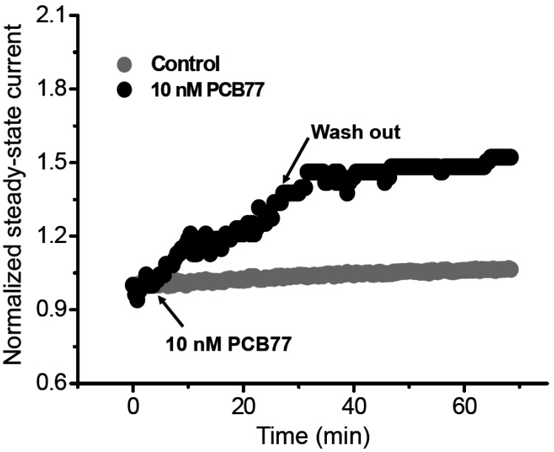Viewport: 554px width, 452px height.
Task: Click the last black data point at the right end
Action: (x=510, y=157)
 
